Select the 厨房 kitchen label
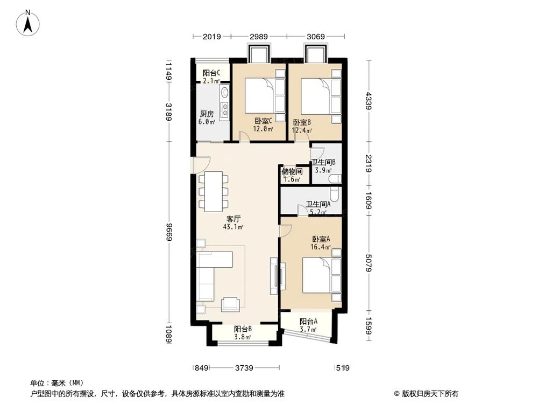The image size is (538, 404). pyautogui.click(x=207, y=114)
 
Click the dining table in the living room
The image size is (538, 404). pyautogui.click(x=214, y=191)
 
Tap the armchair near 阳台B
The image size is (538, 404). pyautogui.click(x=231, y=305)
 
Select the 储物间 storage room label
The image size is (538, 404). pyautogui.click(x=291, y=172)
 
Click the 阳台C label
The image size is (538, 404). pyautogui.click(x=210, y=73)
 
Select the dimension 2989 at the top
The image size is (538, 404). pyautogui.click(x=258, y=37)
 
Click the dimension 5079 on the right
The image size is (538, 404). pyautogui.click(x=369, y=263)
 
